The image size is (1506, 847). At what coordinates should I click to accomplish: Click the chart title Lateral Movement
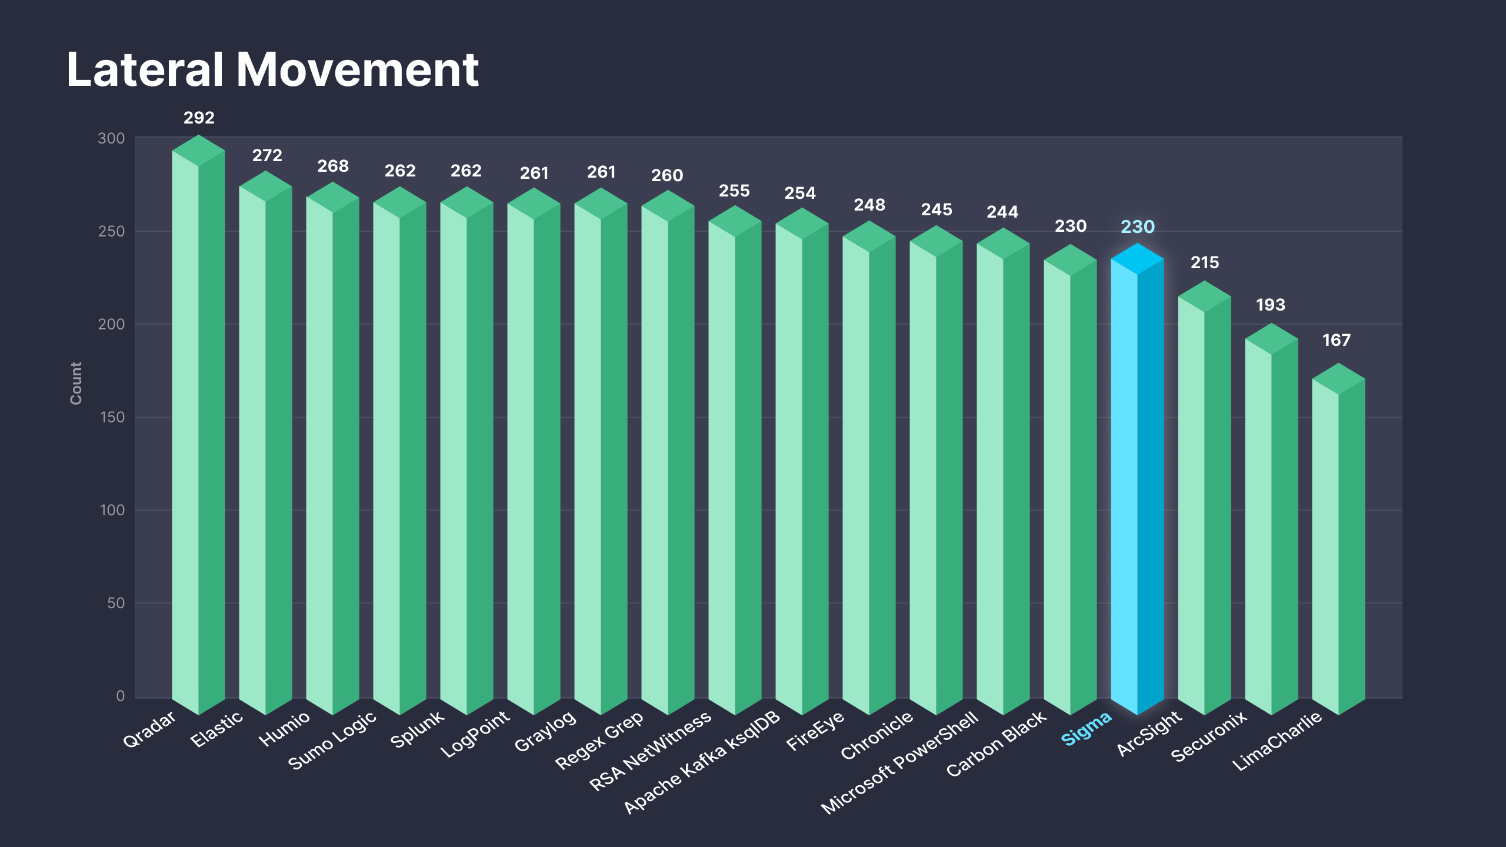(x=272, y=69)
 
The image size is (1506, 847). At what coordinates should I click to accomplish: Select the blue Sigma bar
(x=1137, y=482)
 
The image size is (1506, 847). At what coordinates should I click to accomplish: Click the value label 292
(x=199, y=118)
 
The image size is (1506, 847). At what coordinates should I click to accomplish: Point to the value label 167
(x=1337, y=340)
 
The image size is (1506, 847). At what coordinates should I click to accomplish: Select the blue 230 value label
(x=1138, y=226)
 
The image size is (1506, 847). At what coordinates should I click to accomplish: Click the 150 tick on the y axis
(x=112, y=417)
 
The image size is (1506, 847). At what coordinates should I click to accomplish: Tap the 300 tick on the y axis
(x=111, y=138)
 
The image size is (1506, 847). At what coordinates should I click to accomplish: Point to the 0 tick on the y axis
(x=121, y=696)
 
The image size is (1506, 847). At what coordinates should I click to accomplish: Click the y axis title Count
(x=76, y=383)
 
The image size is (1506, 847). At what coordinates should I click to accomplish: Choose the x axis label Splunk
(x=417, y=729)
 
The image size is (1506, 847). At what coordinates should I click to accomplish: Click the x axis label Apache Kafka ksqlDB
(x=702, y=762)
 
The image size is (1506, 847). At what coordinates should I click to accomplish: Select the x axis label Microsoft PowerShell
(x=899, y=762)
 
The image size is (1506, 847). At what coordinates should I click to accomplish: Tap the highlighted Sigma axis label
(x=1086, y=728)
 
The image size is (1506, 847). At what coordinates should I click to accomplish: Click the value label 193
(x=1271, y=305)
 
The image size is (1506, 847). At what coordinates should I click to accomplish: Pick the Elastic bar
(x=265, y=447)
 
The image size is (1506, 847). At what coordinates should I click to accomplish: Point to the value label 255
(x=734, y=191)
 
